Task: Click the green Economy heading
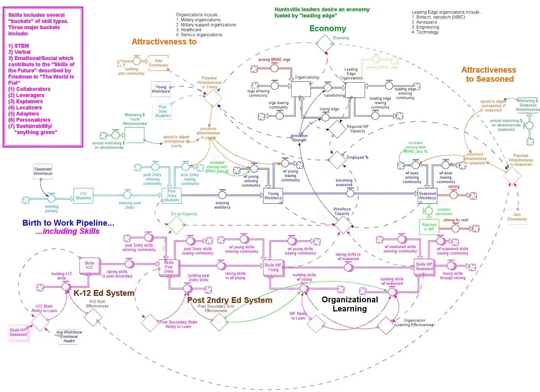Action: coord(327,29)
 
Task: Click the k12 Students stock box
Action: coord(83,196)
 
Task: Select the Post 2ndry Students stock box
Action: coord(171,196)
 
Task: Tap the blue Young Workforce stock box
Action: coord(273,196)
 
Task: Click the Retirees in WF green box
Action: coord(429,227)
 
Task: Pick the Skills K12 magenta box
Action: coord(89,265)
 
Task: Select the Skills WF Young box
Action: coord(273,267)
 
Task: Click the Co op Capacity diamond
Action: coord(177,225)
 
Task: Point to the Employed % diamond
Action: coord(337,160)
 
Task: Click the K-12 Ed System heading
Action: coord(104,293)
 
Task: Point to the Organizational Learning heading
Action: coord(350,304)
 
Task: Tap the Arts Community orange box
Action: coord(158,63)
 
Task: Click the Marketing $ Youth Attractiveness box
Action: coord(134,135)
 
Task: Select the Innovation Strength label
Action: coord(299,138)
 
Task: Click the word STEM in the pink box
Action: coord(22,46)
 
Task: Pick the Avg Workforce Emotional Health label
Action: coord(69,336)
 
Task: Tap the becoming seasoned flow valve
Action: coord(350,192)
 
